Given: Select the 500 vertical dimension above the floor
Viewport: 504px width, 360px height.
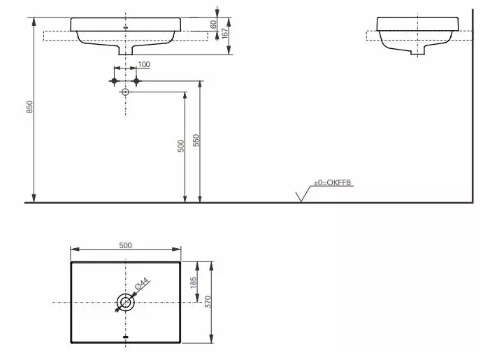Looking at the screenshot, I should pyautogui.click(x=180, y=145).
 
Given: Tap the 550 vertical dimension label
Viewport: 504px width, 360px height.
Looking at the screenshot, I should pyautogui.click(x=196, y=141).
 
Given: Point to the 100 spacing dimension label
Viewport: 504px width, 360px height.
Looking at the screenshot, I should pyautogui.click(x=143, y=64).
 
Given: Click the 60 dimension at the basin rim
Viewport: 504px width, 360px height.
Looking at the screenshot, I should pyautogui.click(x=213, y=24).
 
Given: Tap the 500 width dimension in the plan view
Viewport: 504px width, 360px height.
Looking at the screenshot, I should pyautogui.click(x=125, y=245).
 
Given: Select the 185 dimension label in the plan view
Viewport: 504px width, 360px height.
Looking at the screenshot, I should pyautogui.click(x=194, y=282).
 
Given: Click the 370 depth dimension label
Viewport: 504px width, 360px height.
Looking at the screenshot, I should pyautogui.click(x=208, y=302).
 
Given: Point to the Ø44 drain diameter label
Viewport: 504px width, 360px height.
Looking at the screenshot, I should pyautogui.click(x=140, y=286).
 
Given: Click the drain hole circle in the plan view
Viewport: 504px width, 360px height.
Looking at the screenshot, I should pyautogui.click(x=125, y=303).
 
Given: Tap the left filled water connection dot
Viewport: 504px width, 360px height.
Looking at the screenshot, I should pyautogui.click(x=114, y=81).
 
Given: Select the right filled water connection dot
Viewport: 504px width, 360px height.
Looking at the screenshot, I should pyautogui.click(x=137, y=81).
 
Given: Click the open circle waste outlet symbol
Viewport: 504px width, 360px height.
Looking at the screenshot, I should pyautogui.click(x=126, y=92).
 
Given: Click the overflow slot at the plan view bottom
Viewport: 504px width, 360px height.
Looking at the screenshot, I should pyautogui.click(x=125, y=337).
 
